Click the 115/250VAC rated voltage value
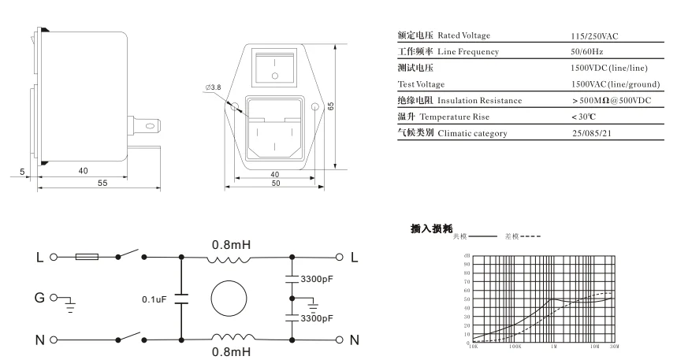[597, 36]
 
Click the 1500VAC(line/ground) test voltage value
[615, 84]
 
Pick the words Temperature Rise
[471, 117]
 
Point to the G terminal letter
[39, 299]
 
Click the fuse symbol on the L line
[86, 257]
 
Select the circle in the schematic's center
[231, 299]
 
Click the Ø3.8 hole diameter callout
[212, 86]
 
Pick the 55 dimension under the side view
[103, 183]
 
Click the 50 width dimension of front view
[275, 184]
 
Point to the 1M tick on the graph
[553, 345]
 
